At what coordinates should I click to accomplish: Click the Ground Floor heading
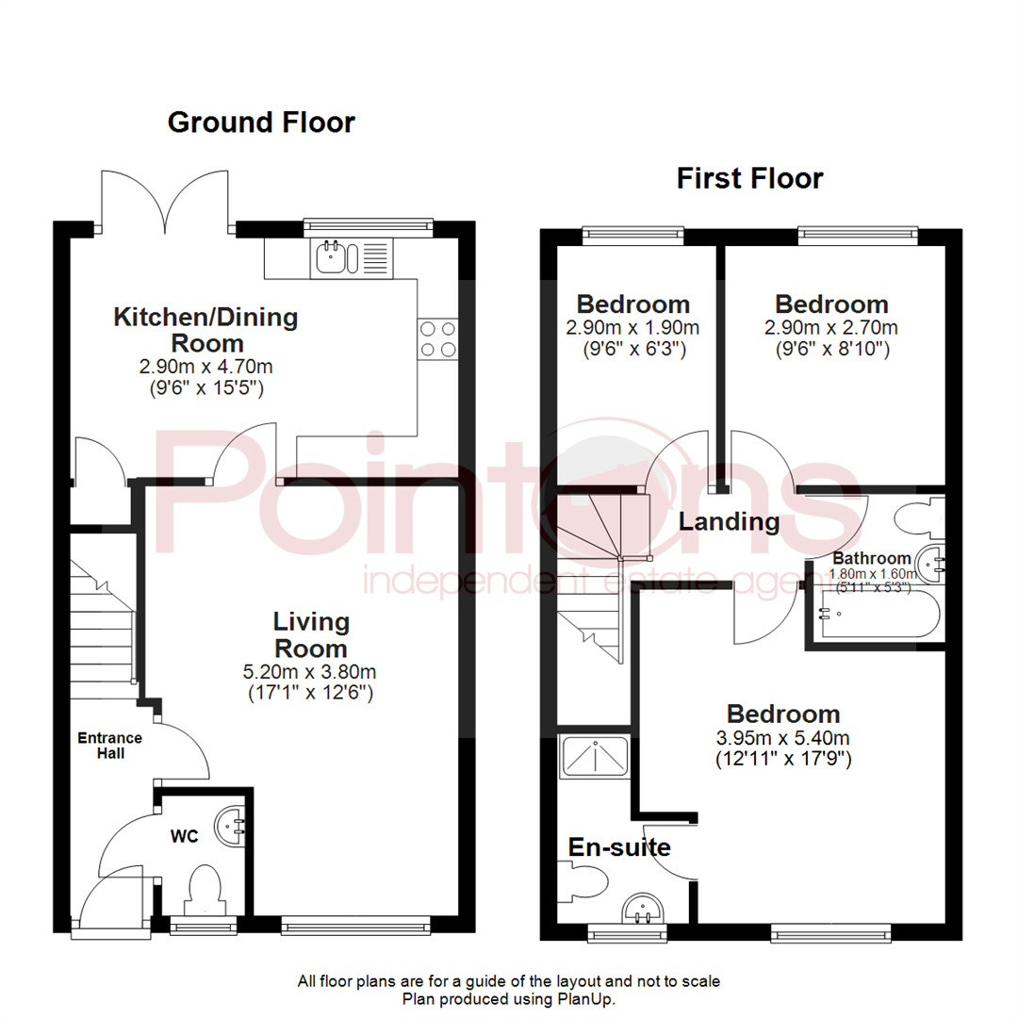[261, 123]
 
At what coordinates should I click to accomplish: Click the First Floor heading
[750, 178]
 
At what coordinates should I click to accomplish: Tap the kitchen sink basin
[331, 256]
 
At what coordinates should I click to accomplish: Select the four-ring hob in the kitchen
[437, 339]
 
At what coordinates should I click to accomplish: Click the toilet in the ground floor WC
[204, 890]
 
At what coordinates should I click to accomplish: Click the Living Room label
[311, 635]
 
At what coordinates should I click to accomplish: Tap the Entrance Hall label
[109, 746]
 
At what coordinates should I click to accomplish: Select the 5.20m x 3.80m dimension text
[310, 671]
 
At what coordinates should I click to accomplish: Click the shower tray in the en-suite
[594, 756]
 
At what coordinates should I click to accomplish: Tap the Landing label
[729, 521]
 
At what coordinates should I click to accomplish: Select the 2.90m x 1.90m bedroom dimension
[632, 328]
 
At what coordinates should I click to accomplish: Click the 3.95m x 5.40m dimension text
[783, 737]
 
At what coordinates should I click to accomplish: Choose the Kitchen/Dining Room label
[205, 330]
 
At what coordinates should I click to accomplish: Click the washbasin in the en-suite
[643, 908]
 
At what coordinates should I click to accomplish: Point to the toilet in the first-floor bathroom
[919, 518]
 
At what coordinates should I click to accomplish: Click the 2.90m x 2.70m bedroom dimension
[831, 328]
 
